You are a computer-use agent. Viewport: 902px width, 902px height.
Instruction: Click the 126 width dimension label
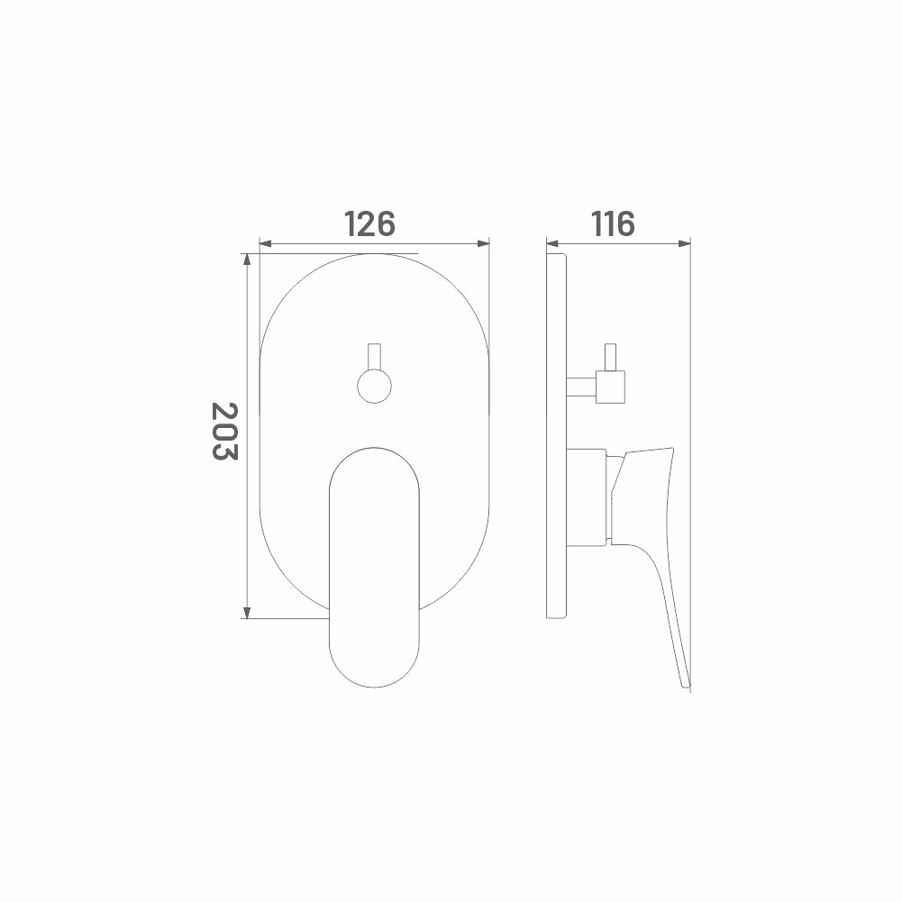(369, 223)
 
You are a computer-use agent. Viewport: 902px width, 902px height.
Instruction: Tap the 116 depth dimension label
(614, 223)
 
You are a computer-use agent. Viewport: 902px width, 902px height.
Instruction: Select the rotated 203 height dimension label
(224, 431)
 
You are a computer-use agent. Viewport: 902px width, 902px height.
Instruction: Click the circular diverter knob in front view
(375, 386)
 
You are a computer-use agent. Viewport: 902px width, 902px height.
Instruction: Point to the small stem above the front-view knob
(375, 357)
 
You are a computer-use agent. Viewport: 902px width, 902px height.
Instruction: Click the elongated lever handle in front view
(375, 567)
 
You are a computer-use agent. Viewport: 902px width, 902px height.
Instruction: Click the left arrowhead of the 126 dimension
(265, 244)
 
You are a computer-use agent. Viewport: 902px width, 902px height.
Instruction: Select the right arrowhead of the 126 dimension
(483, 244)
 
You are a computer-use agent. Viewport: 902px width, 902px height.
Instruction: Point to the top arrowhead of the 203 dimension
(248, 260)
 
